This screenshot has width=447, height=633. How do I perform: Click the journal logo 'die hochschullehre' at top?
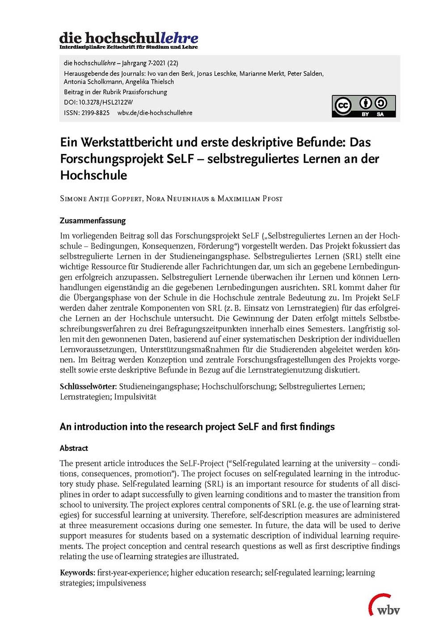(x=129, y=39)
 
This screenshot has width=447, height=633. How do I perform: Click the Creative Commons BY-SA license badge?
(x=363, y=106)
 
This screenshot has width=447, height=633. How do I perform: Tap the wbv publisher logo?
(x=384, y=605)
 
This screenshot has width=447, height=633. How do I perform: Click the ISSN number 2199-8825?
(x=95, y=113)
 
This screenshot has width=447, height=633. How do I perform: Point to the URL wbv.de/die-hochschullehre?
(x=155, y=113)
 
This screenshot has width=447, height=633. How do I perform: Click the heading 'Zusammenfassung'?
(x=93, y=221)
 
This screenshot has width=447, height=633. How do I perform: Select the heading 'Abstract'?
(x=74, y=448)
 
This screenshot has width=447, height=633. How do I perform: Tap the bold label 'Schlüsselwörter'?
(x=88, y=386)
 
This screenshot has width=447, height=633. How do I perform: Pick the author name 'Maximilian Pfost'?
(x=250, y=198)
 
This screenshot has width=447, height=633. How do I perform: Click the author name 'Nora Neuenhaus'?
(x=177, y=198)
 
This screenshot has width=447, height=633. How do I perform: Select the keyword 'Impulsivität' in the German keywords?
(x=135, y=397)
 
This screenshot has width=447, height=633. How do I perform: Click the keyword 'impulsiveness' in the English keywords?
(x=121, y=583)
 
